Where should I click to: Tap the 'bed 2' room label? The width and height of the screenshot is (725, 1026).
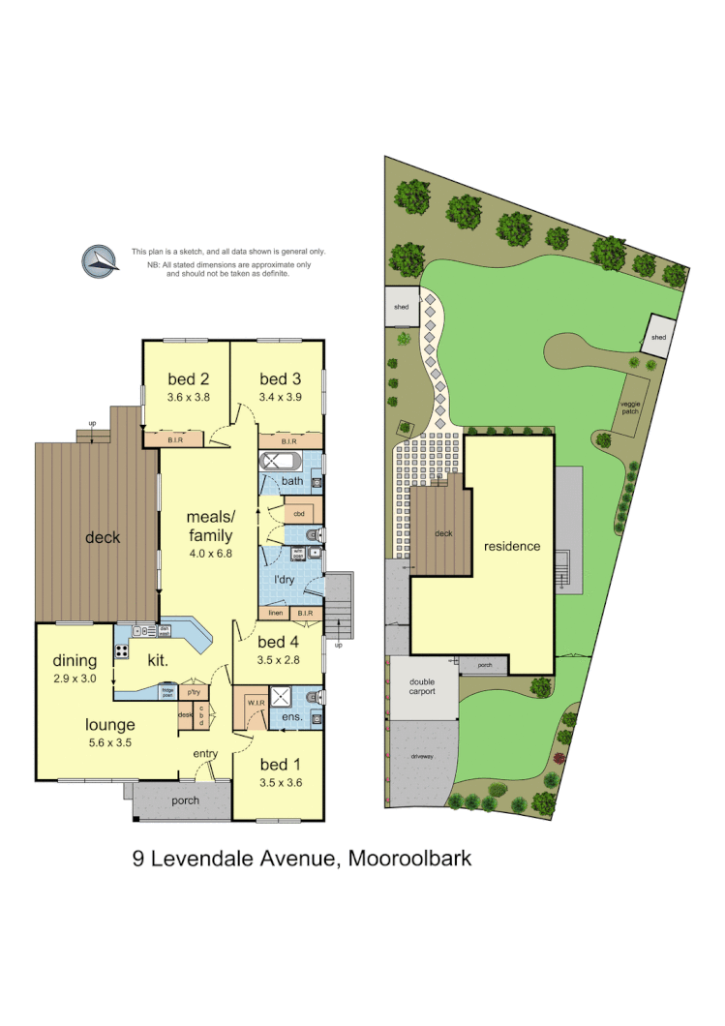tap(190, 378)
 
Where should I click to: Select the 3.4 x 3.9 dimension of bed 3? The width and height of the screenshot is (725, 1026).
tap(281, 396)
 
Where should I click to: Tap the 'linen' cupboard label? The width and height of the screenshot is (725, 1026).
tap(275, 614)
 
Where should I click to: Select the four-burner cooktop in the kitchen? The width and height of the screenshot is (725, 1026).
tap(123, 649)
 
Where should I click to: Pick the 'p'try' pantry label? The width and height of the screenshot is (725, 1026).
tap(193, 691)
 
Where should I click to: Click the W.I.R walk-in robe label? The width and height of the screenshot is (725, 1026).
tap(256, 703)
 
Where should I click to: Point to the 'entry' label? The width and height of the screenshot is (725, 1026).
tap(205, 753)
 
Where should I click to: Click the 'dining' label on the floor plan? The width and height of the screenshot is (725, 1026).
tap(75, 661)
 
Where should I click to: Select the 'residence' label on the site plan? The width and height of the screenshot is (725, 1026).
tap(512, 546)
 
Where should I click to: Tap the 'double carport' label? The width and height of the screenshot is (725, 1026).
tap(421, 686)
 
